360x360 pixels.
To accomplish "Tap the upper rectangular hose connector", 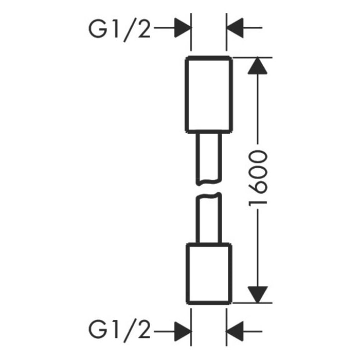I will [209, 93].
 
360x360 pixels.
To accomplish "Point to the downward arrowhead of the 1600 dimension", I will [259, 294].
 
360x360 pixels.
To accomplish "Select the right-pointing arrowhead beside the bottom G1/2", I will [182, 328].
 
